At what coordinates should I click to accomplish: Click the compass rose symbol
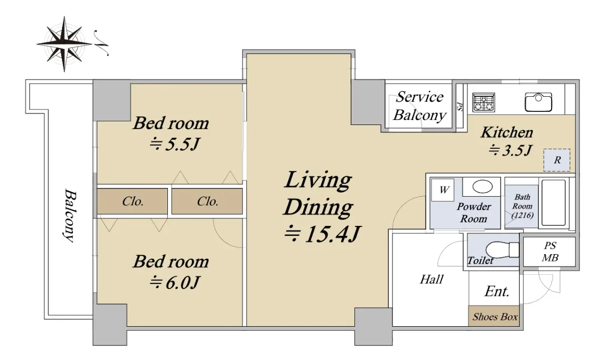[x=65, y=44]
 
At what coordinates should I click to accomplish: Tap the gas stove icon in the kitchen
[x=483, y=102]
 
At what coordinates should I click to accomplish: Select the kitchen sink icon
[x=538, y=102]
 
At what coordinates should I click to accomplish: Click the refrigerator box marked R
[x=557, y=160]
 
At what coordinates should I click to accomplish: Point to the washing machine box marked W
[x=443, y=190]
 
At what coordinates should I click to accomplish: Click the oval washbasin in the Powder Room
[x=482, y=187]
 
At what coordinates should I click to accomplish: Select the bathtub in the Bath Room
[x=554, y=203]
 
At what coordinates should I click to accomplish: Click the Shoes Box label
[x=495, y=317]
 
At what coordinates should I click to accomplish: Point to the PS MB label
[x=550, y=252]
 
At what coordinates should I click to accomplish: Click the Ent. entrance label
[x=497, y=291]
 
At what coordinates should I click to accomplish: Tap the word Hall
[x=432, y=279]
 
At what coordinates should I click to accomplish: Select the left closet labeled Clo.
[x=132, y=201]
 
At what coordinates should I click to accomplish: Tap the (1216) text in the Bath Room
[x=522, y=215]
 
